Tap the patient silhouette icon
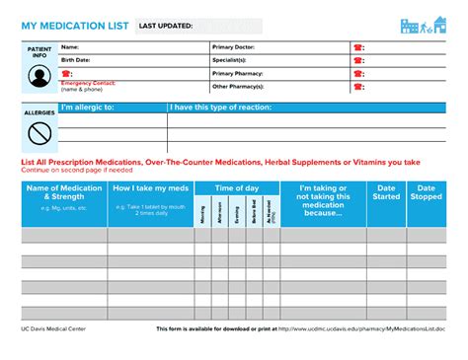38,74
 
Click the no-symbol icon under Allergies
39,133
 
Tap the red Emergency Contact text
88,83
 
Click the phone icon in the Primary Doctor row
356,47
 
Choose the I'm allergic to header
89,107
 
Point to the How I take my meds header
149,187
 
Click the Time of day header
237,187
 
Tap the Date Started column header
387,191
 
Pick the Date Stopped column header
427,191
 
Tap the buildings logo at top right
422,26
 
